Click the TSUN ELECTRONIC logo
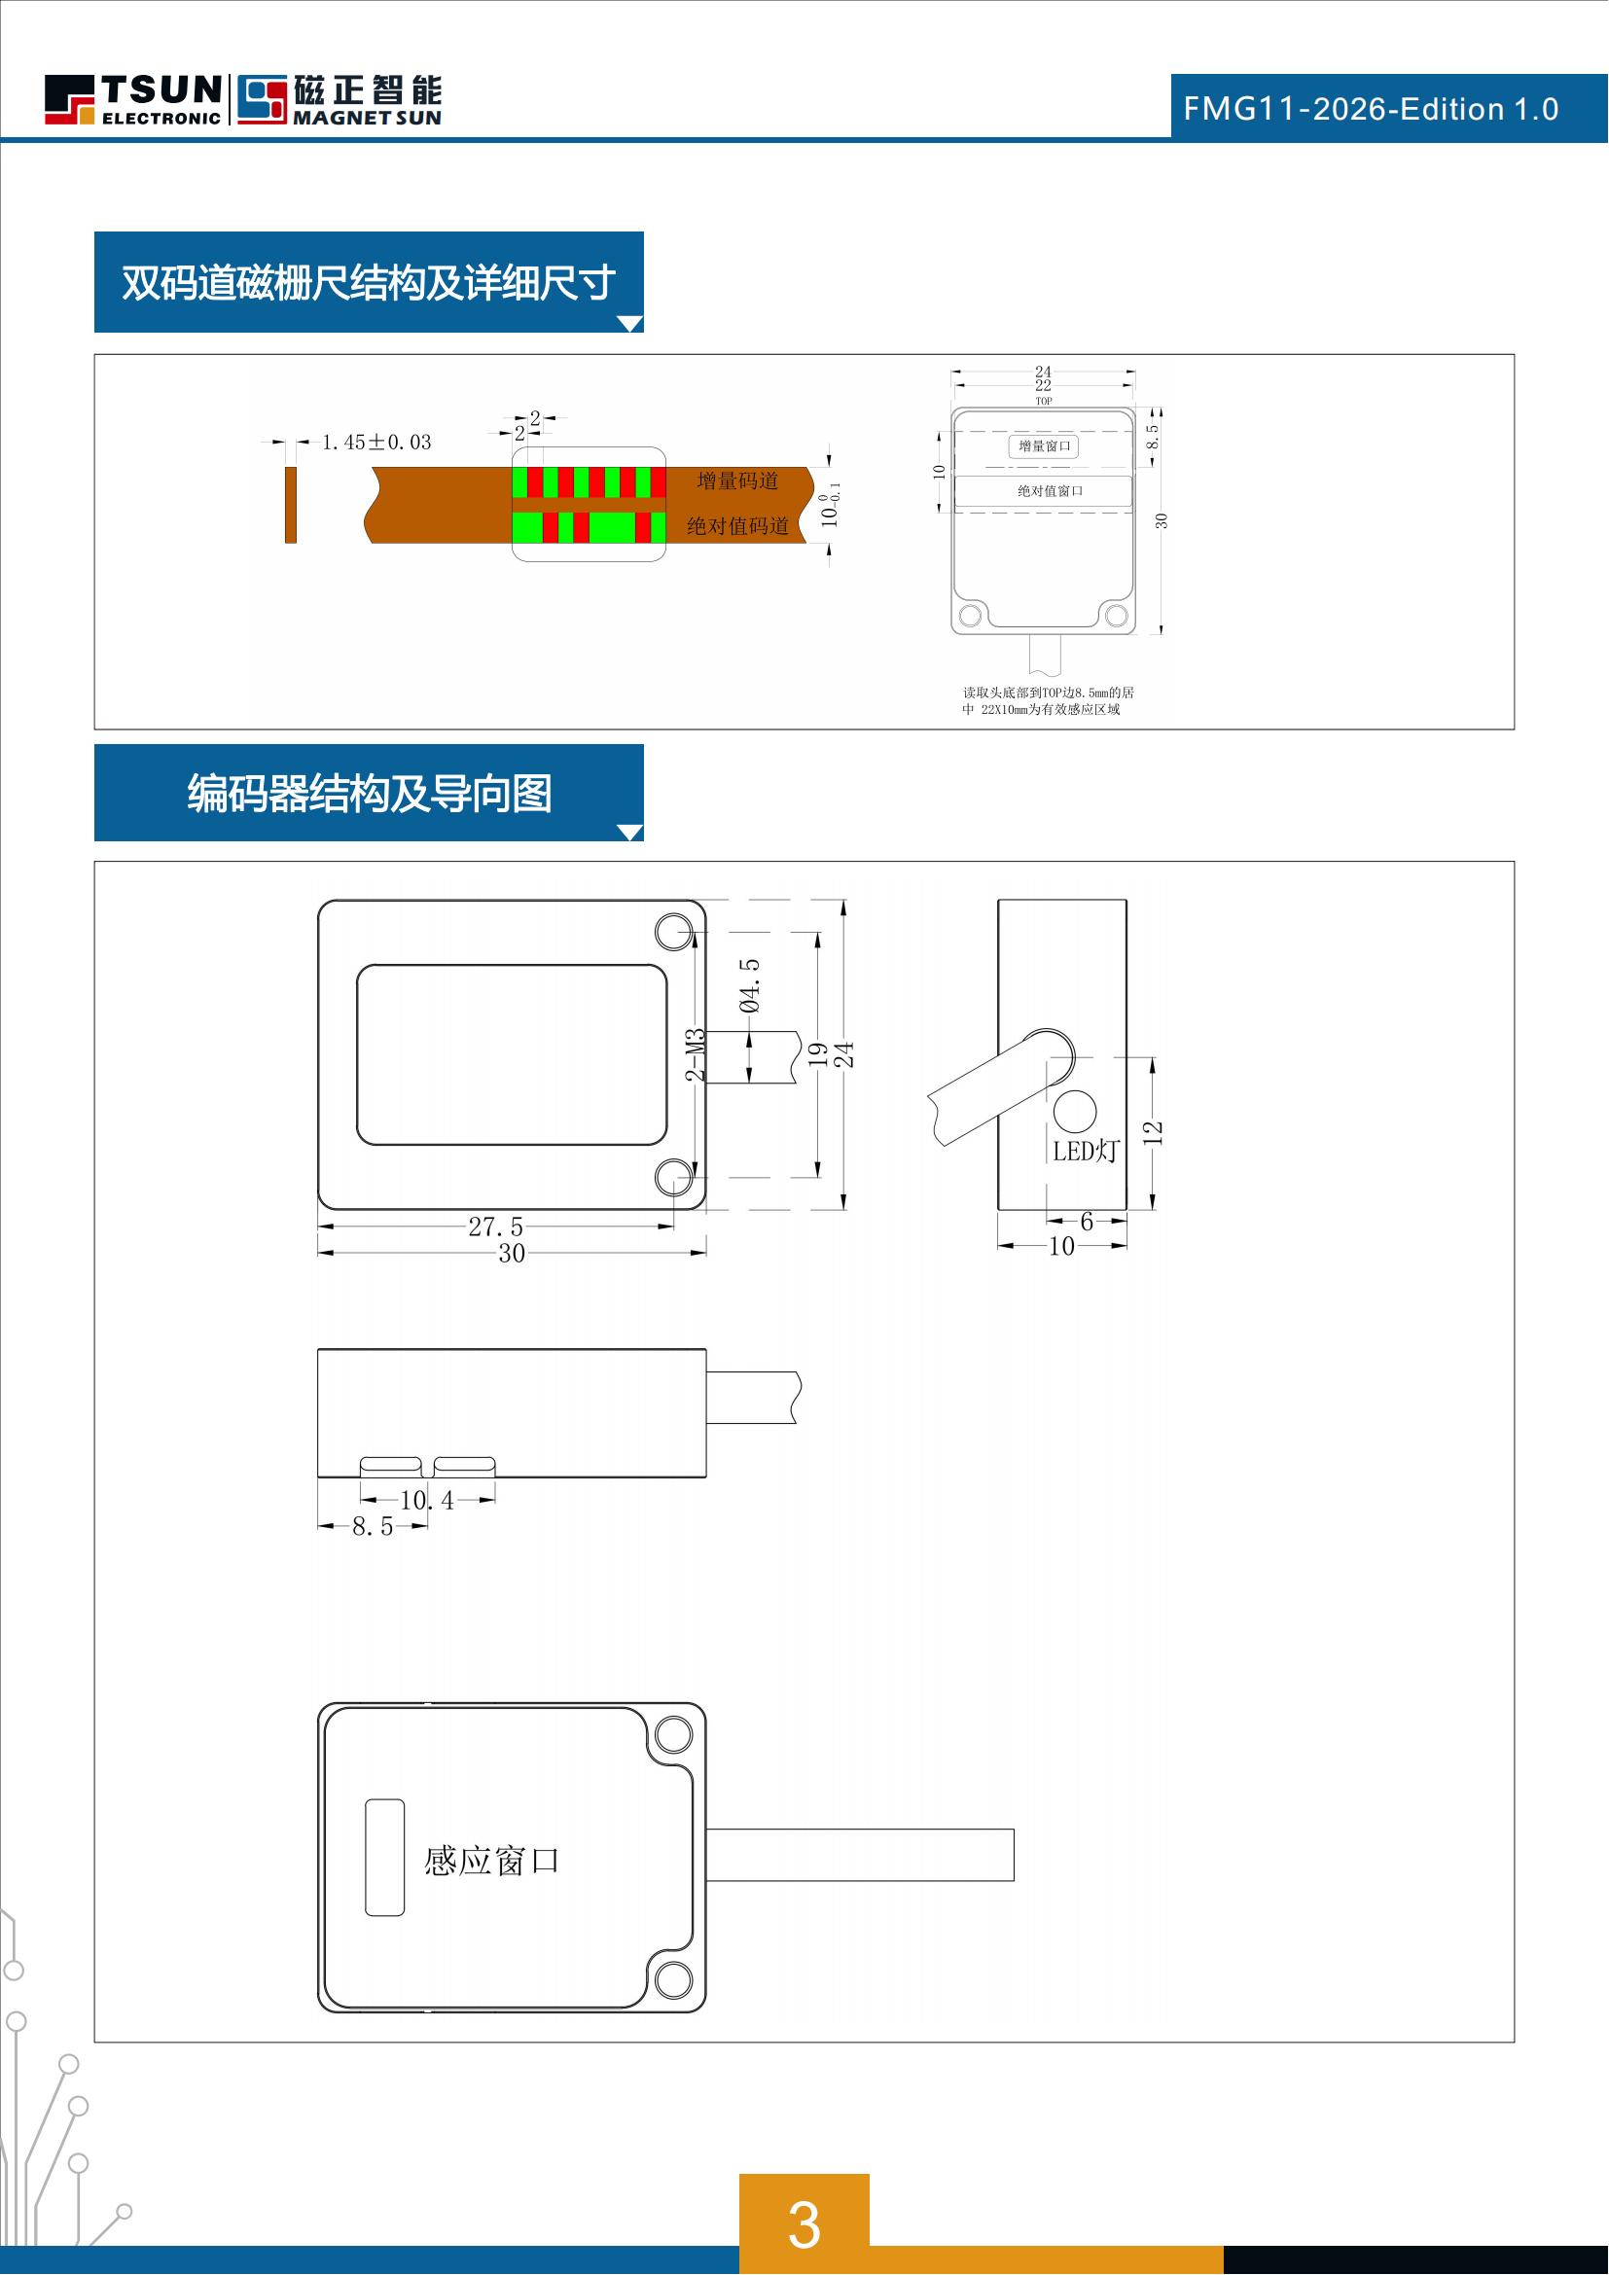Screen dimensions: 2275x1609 point(132,99)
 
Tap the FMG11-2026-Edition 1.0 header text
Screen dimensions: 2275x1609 point(1371,109)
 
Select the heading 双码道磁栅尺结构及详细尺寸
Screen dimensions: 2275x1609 point(369,283)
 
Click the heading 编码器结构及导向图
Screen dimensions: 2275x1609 point(369,794)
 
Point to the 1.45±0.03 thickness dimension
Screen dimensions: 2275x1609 point(376,443)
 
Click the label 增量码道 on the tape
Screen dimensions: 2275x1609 point(737,481)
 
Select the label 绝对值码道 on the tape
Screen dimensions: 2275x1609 point(737,526)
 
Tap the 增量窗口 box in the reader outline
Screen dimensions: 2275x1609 point(1044,446)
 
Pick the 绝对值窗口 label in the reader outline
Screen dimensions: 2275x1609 point(1050,491)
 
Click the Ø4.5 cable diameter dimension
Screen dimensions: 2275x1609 point(750,986)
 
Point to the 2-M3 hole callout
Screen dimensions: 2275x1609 point(696,1055)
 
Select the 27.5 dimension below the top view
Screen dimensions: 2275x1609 point(495,1226)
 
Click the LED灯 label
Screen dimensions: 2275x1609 point(1085,1152)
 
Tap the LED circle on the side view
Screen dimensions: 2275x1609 point(1074,1111)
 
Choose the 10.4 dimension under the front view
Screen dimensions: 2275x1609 point(427,1501)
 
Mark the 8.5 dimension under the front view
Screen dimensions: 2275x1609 point(373,1527)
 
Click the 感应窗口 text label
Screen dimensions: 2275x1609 point(491,1862)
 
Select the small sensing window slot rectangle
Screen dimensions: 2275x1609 point(384,1858)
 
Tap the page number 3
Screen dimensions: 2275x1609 point(804,2225)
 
